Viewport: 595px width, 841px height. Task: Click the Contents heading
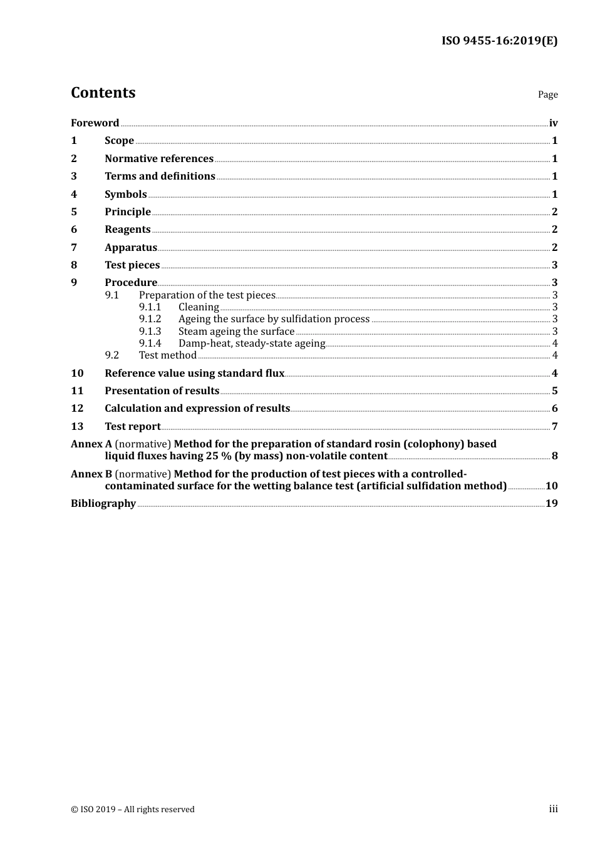(103, 93)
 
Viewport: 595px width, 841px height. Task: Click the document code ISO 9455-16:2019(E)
(499, 41)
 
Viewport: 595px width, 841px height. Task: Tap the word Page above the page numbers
(547, 94)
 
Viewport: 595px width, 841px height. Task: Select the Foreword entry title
(95, 123)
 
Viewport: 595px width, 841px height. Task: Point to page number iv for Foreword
(553, 123)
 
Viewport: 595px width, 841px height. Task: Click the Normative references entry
(159, 159)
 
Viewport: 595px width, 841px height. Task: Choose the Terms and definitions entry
(160, 176)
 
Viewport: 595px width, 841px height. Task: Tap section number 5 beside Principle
(74, 212)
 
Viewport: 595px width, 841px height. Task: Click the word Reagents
(128, 230)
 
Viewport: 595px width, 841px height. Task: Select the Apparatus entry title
(131, 248)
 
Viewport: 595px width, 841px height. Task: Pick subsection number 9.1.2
(150, 319)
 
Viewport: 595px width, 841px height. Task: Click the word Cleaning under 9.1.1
(199, 307)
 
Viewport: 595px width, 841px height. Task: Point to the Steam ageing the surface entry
(236, 332)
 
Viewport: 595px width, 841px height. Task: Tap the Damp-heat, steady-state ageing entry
(252, 344)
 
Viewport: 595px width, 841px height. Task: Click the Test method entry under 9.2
(168, 355)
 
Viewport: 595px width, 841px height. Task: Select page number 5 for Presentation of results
(554, 391)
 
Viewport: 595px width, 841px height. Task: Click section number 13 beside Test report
(77, 427)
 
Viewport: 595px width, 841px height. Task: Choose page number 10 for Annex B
(551, 486)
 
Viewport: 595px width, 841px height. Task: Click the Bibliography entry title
(103, 504)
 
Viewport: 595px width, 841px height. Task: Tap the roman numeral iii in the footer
(553, 809)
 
